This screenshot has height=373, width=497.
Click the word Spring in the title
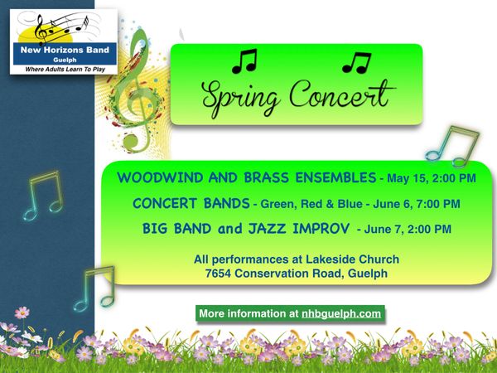(241, 97)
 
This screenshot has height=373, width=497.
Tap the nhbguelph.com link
(341, 313)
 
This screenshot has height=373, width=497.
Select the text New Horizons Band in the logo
(65, 50)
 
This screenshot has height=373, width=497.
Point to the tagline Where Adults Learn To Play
(65, 69)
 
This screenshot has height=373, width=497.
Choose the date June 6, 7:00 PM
(416, 204)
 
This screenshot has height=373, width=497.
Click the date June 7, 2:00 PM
(408, 229)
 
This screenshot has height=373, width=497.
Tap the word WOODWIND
(160, 177)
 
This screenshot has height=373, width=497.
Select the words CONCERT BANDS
(191, 203)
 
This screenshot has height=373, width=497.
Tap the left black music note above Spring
(244, 61)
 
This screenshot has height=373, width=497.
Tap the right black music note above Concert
(356, 62)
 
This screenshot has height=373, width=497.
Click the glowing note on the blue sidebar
(44, 196)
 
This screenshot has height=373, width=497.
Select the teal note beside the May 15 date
(452, 146)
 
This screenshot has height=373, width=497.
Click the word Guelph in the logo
(65, 60)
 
